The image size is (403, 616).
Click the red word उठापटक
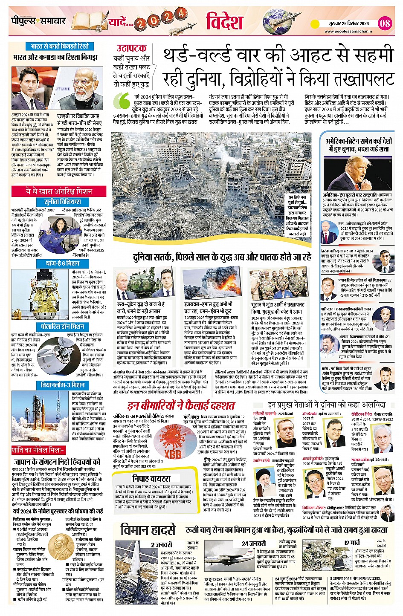(131, 48)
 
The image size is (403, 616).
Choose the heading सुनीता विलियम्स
(63, 202)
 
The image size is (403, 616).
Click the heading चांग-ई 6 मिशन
(63, 263)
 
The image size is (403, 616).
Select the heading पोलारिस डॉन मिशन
(62, 327)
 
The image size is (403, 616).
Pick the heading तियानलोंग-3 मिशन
(62, 385)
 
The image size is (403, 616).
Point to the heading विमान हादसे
(148, 530)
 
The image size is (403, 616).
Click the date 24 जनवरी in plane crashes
(253, 544)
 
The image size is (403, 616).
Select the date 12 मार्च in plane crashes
(352, 543)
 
